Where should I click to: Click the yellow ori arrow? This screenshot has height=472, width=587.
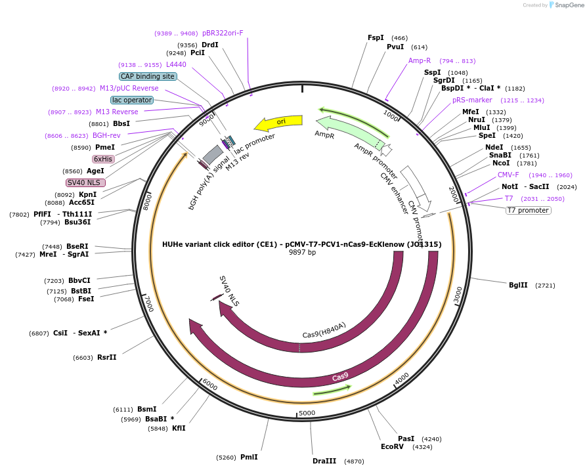click(278, 123)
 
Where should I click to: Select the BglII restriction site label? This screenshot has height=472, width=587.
click(518, 285)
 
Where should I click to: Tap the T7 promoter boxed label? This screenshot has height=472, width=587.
click(528, 210)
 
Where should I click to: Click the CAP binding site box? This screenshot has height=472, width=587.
click(147, 76)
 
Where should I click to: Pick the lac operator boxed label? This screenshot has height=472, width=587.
click(131, 100)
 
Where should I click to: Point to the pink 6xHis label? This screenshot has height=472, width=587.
click(103, 159)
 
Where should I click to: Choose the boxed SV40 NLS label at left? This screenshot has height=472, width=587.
click(85, 182)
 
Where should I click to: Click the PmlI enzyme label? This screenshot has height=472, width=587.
click(249, 457)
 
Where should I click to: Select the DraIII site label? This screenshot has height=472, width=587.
click(324, 461)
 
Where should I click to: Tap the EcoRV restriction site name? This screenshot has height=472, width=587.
click(391, 446)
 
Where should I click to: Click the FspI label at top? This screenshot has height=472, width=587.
click(376, 38)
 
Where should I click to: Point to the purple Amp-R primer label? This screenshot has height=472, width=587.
click(420, 60)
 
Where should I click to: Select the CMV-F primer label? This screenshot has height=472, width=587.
click(508, 175)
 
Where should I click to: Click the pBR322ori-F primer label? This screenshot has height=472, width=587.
click(223, 33)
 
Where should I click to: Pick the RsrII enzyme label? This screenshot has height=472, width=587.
click(106, 357)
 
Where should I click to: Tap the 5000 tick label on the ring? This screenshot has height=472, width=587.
click(307, 413)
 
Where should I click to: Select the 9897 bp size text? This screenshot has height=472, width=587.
click(302, 252)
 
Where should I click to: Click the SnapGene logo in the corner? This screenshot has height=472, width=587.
click(566, 5)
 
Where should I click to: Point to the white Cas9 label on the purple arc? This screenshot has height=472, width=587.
click(340, 377)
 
